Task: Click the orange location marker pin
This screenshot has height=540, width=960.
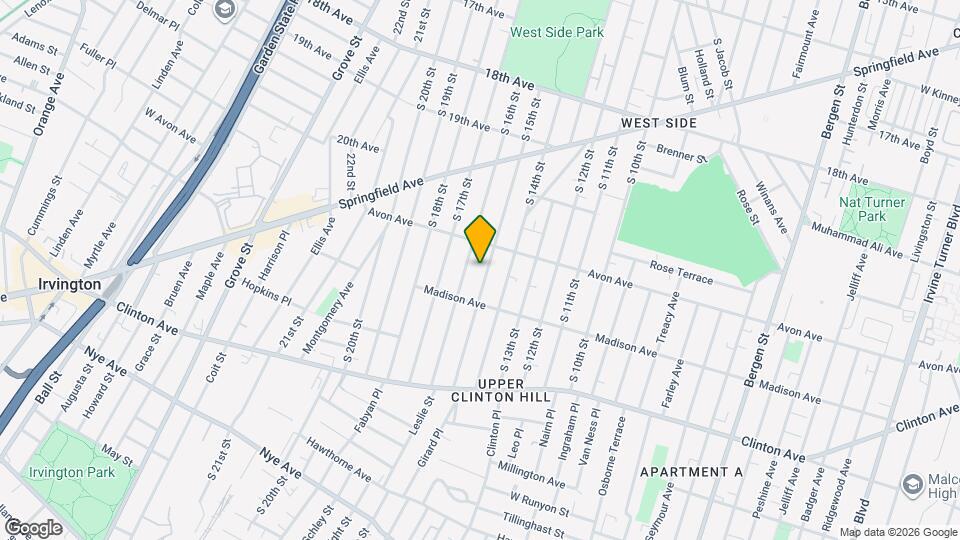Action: point(481,239)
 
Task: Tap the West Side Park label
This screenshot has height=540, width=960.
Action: point(557,32)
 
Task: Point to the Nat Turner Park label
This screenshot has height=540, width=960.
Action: point(873,209)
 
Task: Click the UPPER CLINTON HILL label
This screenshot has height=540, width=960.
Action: point(514,390)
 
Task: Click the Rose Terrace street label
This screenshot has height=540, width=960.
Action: point(681,272)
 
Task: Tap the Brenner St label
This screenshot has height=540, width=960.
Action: point(681,153)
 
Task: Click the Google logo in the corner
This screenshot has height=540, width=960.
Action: point(33,527)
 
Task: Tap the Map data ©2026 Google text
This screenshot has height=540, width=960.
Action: point(897,531)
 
